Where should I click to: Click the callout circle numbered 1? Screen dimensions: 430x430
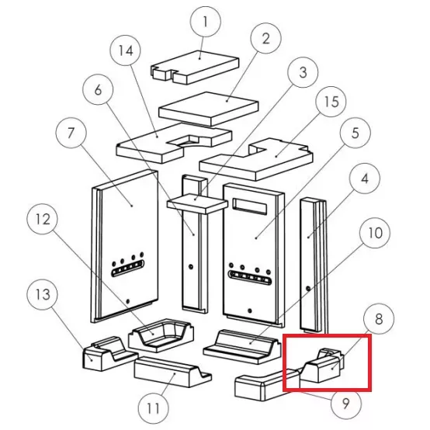(x=205, y=22)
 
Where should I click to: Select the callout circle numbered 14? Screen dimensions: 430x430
(x=126, y=50)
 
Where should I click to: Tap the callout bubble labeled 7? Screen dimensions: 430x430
(x=71, y=133)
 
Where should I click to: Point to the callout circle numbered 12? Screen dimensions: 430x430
(x=43, y=219)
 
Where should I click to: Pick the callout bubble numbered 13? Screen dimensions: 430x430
(x=43, y=294)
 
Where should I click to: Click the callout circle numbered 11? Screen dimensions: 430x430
(x=153, y=408)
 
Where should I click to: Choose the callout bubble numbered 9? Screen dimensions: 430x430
(x=346, y=404)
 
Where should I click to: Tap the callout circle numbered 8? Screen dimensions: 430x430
(x=379, y=319)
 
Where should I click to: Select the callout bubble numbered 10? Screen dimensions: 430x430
(x=375, y=233)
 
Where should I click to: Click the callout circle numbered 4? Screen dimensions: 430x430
(x=365, y=179)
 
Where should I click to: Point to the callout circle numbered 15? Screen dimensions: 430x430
(x=331, y=102)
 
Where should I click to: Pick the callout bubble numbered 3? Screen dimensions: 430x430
(x=303, y=72)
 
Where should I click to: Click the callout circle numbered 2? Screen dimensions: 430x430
(x=265, y=38)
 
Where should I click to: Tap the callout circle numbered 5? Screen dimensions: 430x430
(x=355, y=133)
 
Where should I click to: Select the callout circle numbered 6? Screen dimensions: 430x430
(x=98, y=89)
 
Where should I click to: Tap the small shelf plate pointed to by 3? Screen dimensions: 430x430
(x=197, y=203)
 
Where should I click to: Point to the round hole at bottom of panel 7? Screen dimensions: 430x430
(x=127, y=301)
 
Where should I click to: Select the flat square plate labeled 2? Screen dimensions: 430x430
(x=209, y=109)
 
